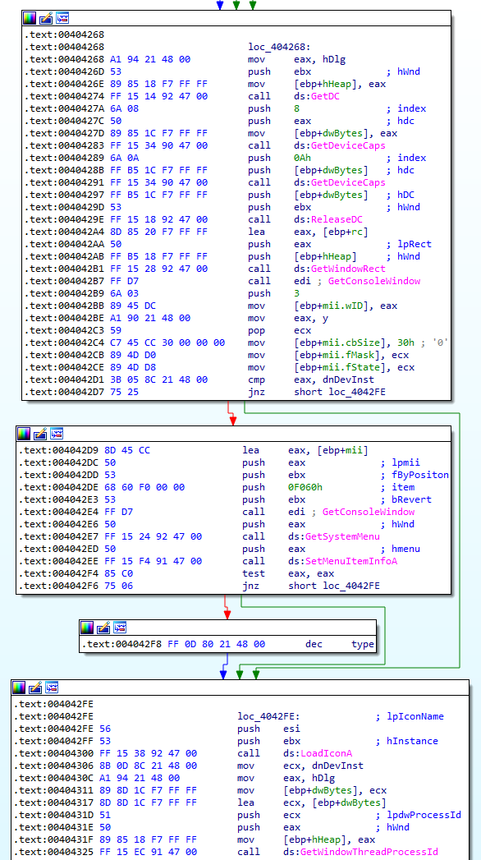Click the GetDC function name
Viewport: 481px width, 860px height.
click(x=326, y=96)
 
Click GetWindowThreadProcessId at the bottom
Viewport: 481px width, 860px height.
click(x=369, y=852)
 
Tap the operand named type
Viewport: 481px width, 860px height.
click(x=363, y=644)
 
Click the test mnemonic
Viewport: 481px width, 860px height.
click(x=254, y=573)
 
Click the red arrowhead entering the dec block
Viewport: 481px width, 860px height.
click(x=227, y=614)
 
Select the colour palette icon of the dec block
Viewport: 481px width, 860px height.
click(x=87, y=628)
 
